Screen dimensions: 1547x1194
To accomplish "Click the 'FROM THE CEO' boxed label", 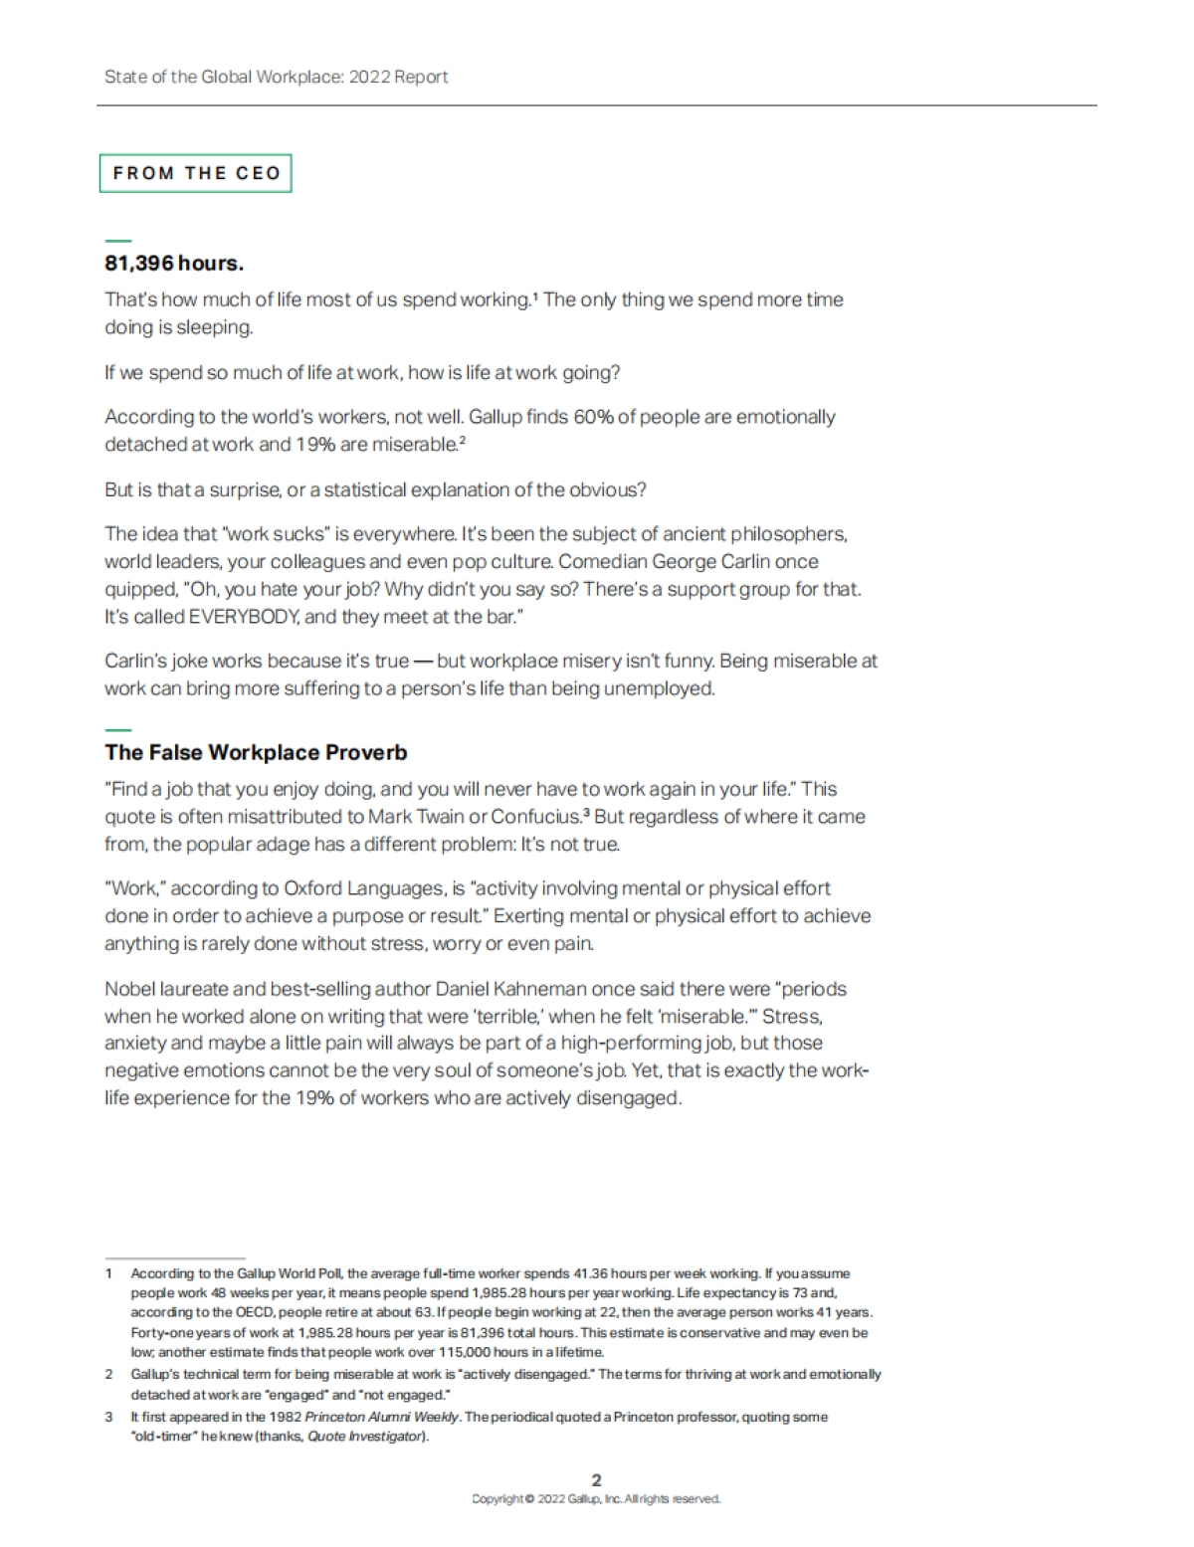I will [196, 173].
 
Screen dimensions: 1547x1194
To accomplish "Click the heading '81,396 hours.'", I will [174, 264].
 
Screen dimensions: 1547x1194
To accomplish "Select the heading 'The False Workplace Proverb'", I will [256, 752].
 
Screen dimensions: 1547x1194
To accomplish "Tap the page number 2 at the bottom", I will [596, 1480].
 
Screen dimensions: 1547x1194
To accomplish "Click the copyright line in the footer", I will [596, 1499].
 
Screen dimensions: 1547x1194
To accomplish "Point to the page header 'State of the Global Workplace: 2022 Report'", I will [277, 77].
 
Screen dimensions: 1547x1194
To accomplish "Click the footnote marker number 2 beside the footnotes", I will [109, 1375].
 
